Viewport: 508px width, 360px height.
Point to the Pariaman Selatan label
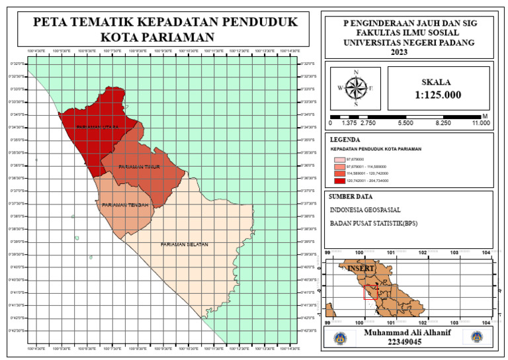tap(184, 245)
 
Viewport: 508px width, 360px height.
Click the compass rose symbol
tap(356, 88)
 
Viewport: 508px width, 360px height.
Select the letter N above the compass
tap(356, 72)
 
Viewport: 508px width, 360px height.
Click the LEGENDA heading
tap(345, 140)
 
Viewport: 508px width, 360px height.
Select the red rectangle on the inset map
tap(370, 291)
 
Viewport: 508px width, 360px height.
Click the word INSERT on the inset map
tap(361, 269)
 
